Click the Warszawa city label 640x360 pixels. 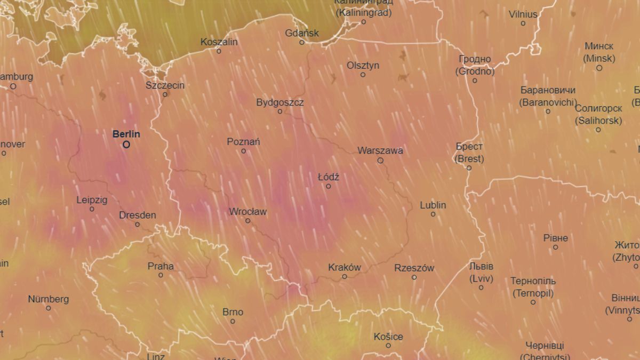coord(380,150)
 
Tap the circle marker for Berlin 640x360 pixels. coord(126,144)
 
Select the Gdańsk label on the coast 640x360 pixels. coord(302,33)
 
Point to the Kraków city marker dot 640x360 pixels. coord(345,277)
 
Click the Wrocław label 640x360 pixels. coord(247,212)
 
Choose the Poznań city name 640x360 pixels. coord(243,142)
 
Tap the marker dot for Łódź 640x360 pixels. coord(329,186)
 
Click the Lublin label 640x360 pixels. coord(433,205)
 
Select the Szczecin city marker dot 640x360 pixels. coord(165,94)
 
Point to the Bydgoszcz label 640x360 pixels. coord(280,102)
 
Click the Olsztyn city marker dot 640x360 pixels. coord(363,75)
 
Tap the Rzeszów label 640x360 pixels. coord(414,268)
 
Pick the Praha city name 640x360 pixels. coord(161,266)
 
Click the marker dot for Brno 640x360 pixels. coord(233,321)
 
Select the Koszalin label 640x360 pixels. coord(219,42)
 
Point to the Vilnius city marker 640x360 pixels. coord(523,23)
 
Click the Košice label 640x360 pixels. coord(388,337)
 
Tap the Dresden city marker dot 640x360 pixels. coord(138,225)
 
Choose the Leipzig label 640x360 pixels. coord(92,200)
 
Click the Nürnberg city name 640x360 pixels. coord(48,299)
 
